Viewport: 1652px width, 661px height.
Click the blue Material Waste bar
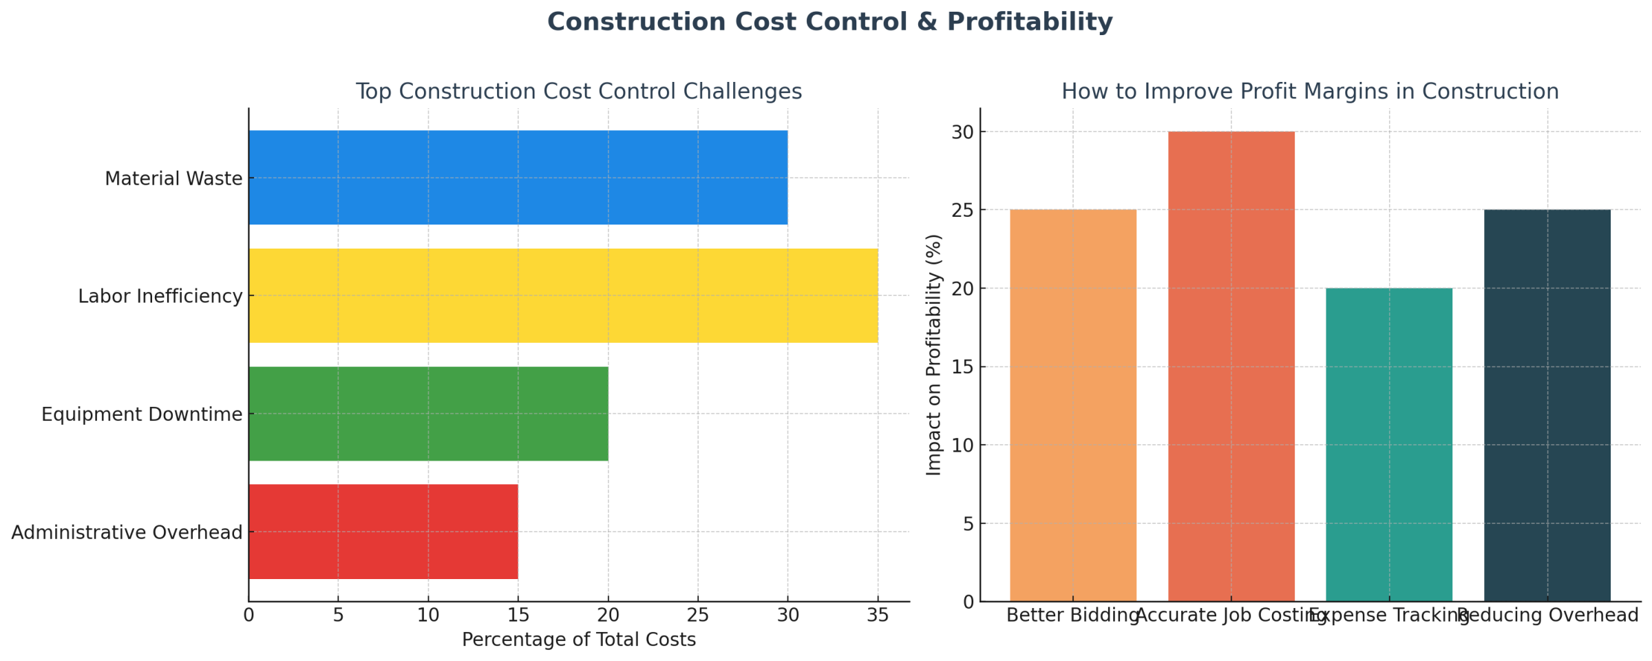pos(518,177)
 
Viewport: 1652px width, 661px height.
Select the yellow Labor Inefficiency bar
pos(563,295)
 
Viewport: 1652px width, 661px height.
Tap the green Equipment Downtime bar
pos(428,413)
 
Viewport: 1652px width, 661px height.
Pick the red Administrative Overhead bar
pos(383,532)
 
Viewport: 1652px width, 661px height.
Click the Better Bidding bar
pos(1072,405)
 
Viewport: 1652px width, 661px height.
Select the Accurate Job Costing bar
pos(1231,366)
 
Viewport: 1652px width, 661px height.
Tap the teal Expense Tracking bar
pos(1388,444)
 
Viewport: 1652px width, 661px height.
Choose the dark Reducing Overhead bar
pos(1547,405)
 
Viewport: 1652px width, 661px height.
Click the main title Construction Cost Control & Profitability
pos(829,22)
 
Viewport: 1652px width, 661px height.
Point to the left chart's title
pos(578,92)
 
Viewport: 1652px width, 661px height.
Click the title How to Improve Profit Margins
pos(1309,92)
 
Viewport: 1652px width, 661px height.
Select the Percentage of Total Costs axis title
pos(578,640)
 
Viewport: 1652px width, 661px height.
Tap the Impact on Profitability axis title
pos(933,355)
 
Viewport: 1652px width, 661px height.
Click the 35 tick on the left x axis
pos(878,615)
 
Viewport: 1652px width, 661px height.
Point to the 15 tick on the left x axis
pos(518,615)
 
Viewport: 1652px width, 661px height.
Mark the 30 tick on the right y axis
pos(963,132)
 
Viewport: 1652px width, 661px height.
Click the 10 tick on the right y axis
pos(963,445)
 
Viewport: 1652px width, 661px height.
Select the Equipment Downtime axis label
pos(142,415)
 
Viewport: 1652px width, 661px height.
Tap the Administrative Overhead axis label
pos(127,532)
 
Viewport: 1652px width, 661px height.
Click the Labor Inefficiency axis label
pos(160,296)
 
